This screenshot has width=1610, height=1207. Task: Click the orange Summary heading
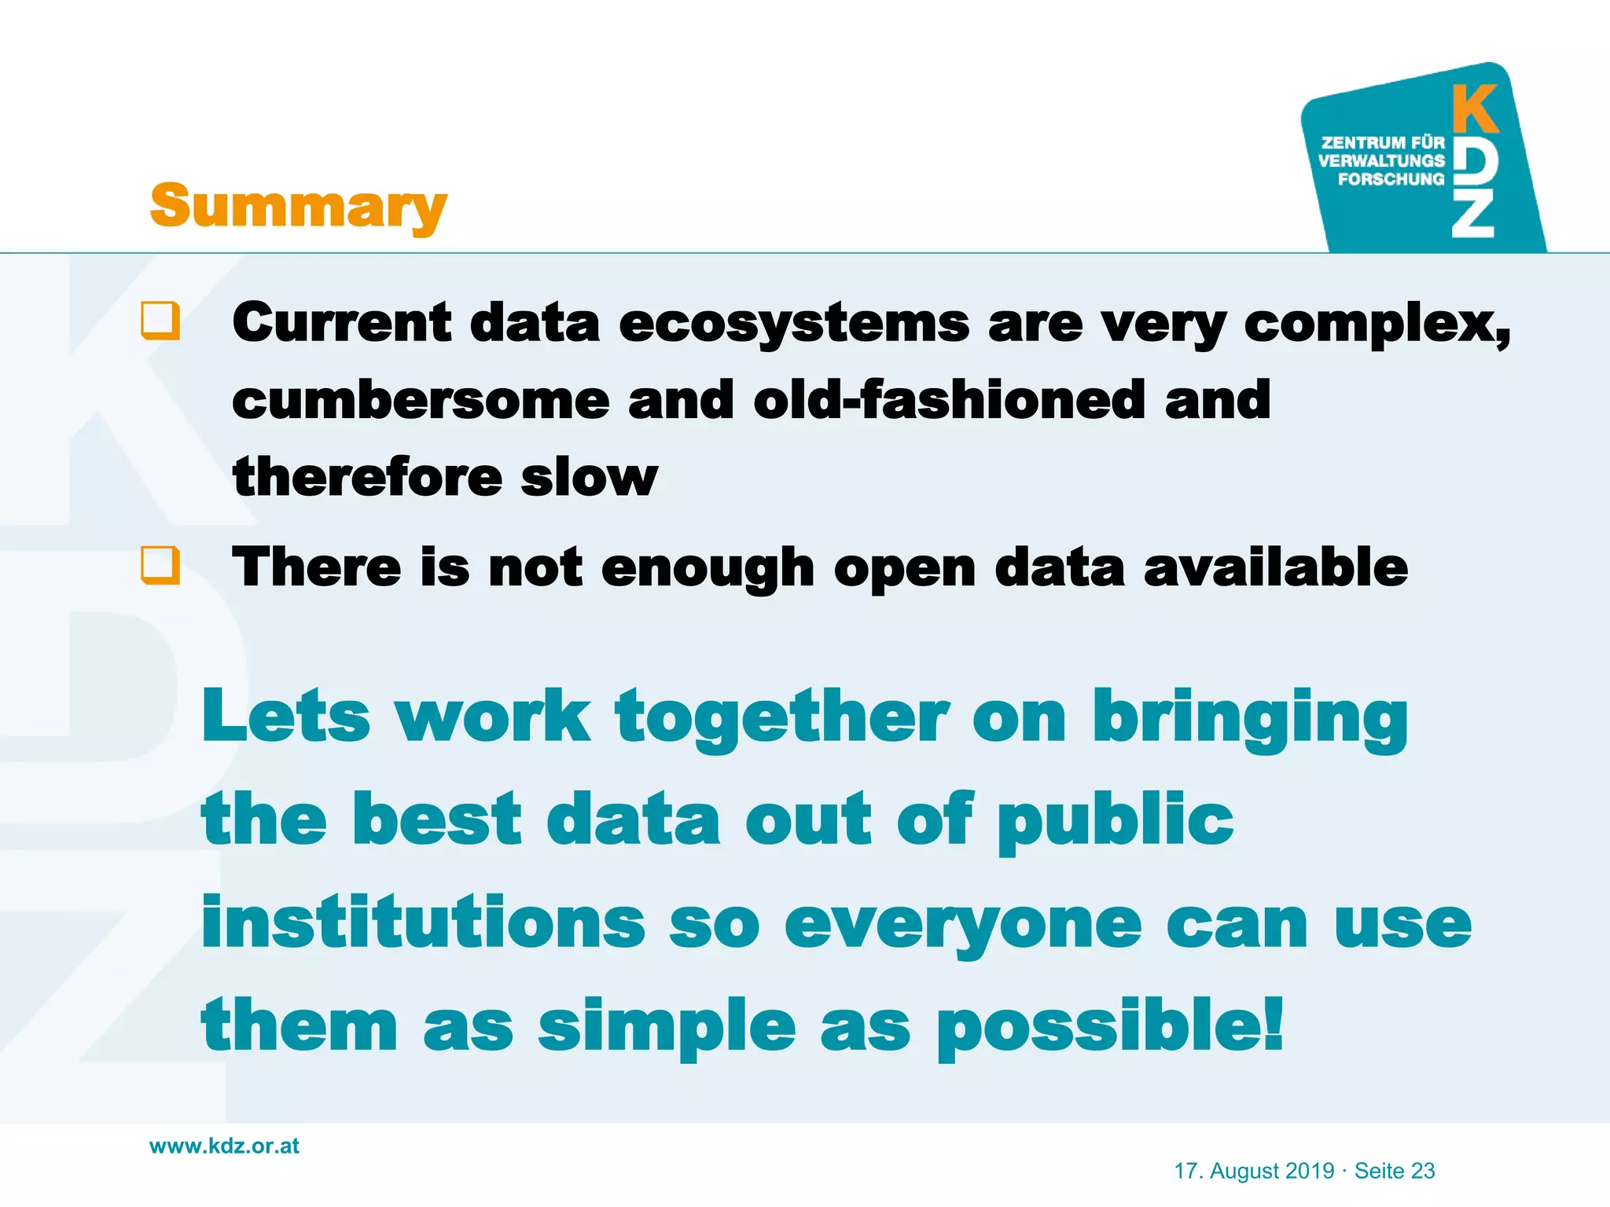(x=298, y=206)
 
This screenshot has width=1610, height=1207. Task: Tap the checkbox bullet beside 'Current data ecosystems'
(x=160, y=321)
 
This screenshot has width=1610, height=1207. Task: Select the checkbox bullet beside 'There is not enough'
(x=160, y=566)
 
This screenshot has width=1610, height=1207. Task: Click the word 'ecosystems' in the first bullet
(x=794, y=324)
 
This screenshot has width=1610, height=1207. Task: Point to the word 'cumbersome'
(x=421, y=400)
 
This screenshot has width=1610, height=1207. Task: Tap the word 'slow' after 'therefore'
(x=589, y=477)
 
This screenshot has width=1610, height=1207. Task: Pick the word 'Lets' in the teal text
(x=285, y=716)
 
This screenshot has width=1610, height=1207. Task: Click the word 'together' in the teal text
(x=782, y=717)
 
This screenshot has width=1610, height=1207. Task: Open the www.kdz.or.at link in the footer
(x=224, y=1146)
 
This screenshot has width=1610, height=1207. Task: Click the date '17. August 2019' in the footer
(x=1254, y=1171)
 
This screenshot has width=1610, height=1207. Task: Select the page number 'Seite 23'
(x=1395, y=1171)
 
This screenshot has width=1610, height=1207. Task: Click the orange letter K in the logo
(x=1475, y=109)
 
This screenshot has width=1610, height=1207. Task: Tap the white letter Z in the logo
(x=1472, y=216)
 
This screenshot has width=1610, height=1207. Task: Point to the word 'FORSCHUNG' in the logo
(x=1391, y=179)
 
